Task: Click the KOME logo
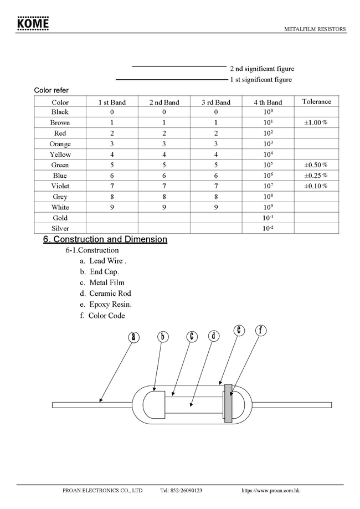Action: point(33,23)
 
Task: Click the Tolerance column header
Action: point(316,101)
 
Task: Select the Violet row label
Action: point(60,186)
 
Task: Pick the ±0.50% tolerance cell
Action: point(316,165)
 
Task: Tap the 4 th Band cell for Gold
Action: point(268,218)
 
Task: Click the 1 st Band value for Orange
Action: point(112,144)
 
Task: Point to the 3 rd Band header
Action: point(216,102)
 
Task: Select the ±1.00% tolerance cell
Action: point(316,122)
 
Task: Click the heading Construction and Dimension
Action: point(105,239)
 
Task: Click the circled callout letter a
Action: point(133,337)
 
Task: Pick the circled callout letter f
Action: point(260,331)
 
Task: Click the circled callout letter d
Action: point(214,336)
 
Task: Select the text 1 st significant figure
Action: point(261,80)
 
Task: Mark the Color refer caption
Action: point(52,90)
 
